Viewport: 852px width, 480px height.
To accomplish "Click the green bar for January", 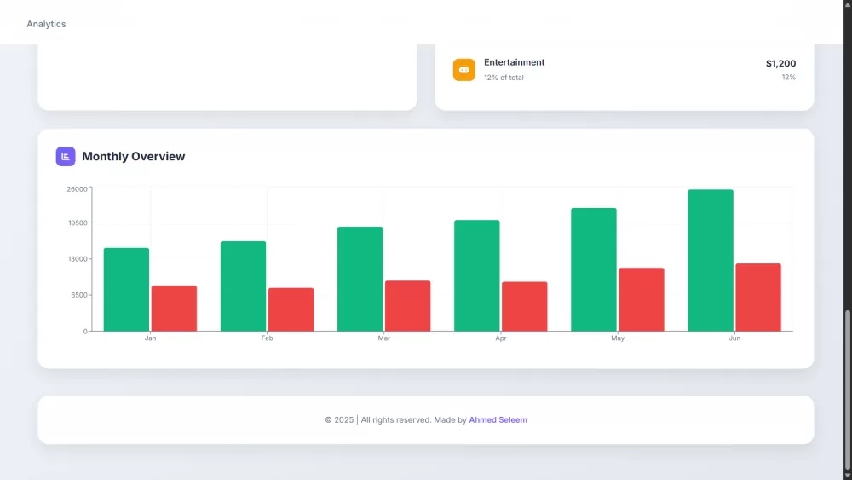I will click(126, 289).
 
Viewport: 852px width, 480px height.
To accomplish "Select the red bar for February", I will click(291, 309).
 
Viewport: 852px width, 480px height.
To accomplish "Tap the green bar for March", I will click(360, 279).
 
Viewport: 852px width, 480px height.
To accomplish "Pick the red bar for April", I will click(524, 306).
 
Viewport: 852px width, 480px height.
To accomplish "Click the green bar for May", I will click(593, 269).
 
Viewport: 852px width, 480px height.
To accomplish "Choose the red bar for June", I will click(757, 297).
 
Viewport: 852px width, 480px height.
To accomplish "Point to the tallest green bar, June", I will click(711, 260).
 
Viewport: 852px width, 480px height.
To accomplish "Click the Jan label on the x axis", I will click(150, 338).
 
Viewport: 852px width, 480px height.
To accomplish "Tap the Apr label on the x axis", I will click(501, 338).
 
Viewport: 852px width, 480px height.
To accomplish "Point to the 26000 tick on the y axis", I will click(77, 188).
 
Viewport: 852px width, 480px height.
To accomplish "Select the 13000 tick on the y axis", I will click(77, 259).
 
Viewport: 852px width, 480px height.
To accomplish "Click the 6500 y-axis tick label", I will click(78, 295).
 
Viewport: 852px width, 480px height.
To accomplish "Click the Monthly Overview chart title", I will click(133, 157).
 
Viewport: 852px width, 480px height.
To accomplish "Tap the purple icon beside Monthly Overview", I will click(66, 157).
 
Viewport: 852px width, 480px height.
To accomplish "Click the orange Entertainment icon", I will click(463, 70).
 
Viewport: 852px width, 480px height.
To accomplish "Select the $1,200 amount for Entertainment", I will click(780, 63).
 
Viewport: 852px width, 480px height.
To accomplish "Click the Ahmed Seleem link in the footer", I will click(498, 420).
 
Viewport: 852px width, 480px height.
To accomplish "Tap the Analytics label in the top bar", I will click(46, 24).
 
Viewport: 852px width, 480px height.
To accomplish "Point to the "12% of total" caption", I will click(504, 78).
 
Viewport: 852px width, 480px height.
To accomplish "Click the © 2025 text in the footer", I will click(339, 420).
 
